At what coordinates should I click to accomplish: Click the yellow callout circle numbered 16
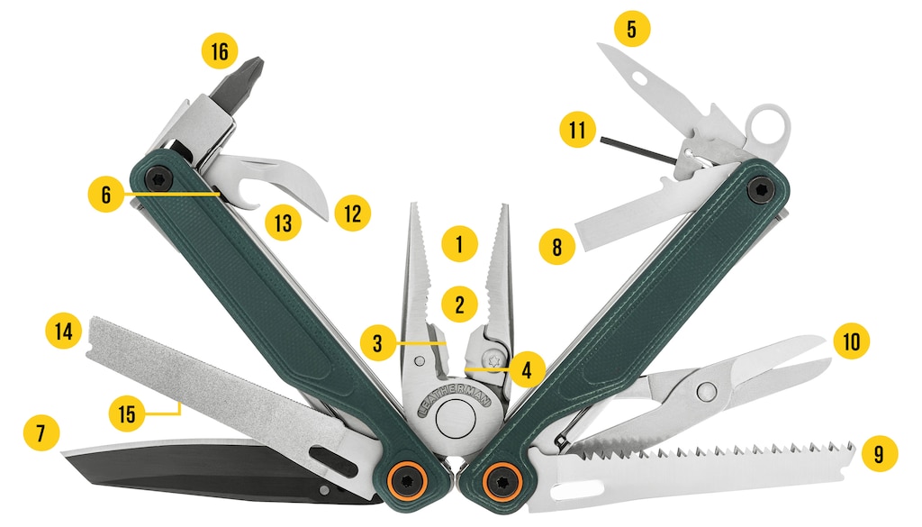tap(220, 50)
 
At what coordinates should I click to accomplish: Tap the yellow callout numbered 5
tap(632, 28)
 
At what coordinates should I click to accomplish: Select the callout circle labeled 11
tap(577, 130)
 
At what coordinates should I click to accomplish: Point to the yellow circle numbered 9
tap(879, 454)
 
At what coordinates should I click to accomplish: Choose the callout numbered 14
tap(64, 331)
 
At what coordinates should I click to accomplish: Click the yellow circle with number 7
tap(41, 433)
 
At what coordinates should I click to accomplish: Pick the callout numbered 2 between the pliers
tap(459, 304)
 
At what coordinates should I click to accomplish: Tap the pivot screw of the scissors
tap(705, 390)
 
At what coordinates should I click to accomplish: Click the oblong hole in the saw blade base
tap(577, 489)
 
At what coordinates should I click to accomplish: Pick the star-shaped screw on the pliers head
tap(493, 359)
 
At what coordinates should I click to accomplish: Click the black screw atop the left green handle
tap(158, 178)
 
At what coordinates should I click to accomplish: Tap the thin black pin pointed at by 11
tap(638, 150)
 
